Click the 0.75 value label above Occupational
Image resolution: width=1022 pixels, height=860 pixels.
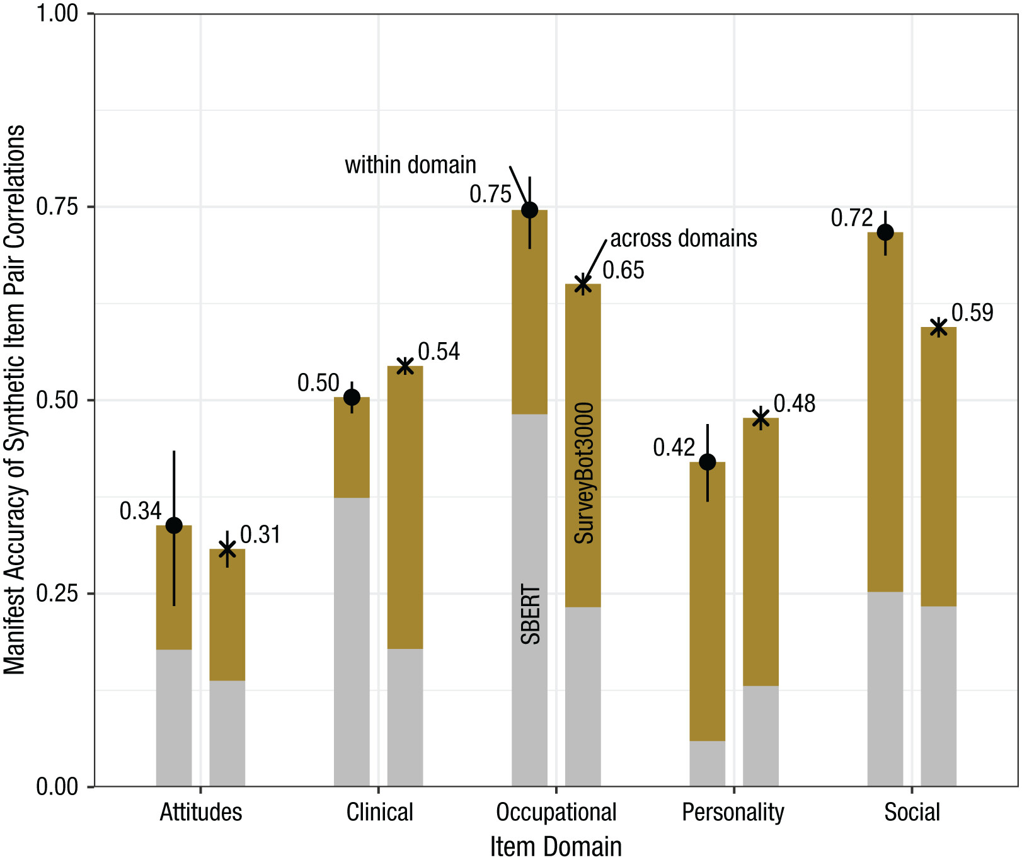point(490,194)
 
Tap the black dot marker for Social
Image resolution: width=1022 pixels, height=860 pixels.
point(885,232)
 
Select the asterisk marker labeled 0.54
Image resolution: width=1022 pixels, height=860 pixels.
point(405,366)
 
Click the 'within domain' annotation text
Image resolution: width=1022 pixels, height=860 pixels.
point(410,165)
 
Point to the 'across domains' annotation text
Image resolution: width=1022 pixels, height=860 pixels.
point(684,238)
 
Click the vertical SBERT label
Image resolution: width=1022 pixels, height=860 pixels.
point(531,614)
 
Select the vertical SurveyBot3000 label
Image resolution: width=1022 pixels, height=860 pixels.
point(584,473)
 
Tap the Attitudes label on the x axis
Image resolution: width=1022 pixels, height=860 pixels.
point(200,812)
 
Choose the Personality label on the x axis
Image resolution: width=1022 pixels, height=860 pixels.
point(733,812)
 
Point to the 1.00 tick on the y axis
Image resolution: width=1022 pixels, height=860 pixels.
point(57,13)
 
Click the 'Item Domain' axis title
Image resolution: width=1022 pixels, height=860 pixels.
point(556,846)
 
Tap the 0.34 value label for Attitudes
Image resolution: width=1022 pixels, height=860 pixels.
point(141,511)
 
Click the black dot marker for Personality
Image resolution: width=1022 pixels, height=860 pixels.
point(708,462)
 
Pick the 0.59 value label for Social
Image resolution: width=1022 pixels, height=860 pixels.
point(972,312)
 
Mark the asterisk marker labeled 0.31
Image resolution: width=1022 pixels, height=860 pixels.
point(227,549)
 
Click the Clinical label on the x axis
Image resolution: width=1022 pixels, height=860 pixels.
point(379,812)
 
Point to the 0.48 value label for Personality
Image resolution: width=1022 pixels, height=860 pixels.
point(794,403)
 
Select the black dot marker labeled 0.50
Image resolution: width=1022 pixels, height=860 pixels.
point(352,398)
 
